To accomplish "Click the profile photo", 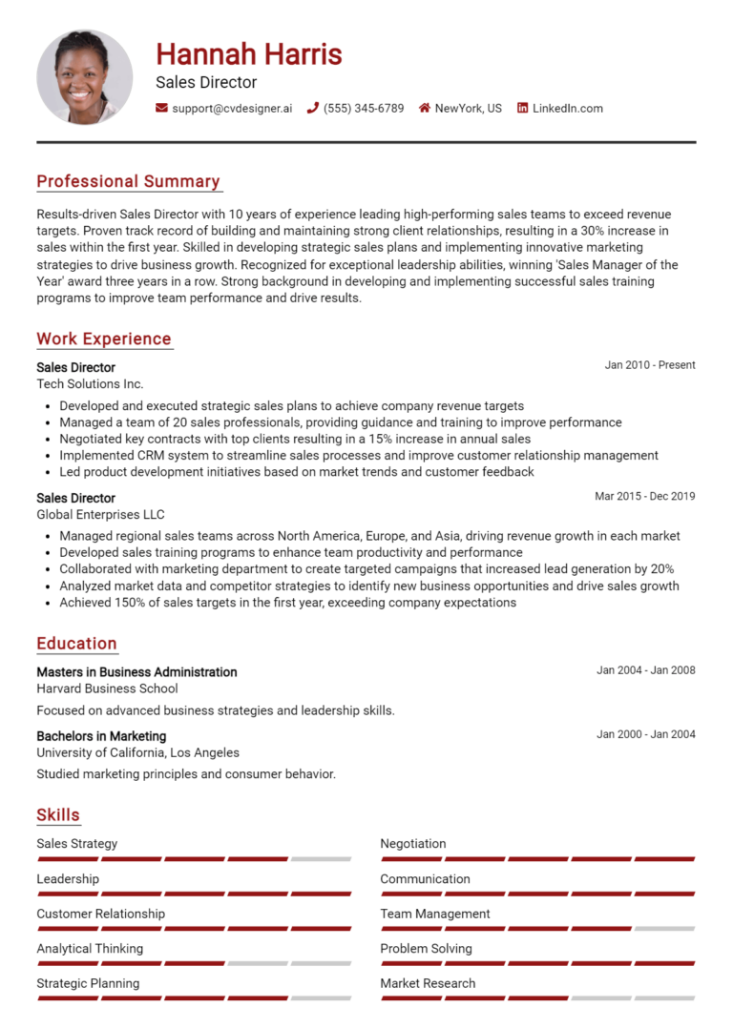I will (84, 76).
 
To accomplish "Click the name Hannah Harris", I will (248, 53).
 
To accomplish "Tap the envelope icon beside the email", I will (161, 109).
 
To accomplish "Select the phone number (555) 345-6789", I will (364, 109).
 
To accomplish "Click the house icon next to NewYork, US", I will (425, 109).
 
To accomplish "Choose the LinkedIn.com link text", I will (567, 109).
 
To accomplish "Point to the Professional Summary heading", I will (128, 181).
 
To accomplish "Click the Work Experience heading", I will (104, 339).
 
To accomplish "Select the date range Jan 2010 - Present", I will (650, 365).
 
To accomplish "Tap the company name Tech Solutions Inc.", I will (90, 383).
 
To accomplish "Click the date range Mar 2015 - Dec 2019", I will (645, 496).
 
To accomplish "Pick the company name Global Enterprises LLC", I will (100, 515).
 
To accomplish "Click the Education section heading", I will (76, 644).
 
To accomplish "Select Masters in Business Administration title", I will (136, 672).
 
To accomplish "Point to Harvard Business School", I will (107, 689).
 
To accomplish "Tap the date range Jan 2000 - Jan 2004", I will (646, 734).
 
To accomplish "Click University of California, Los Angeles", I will (137, 752).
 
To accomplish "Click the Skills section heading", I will (58, 815).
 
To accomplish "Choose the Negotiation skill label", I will (412, 844).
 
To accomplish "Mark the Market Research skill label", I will (428, 983).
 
